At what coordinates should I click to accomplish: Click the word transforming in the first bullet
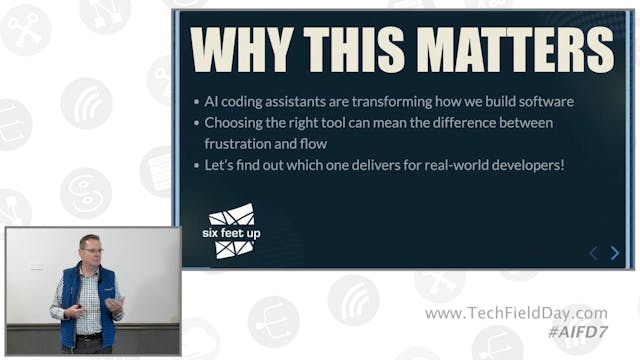coord(407,102)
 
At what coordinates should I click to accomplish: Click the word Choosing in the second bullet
coord(235,123)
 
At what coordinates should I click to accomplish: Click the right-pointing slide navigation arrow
coord(615,253)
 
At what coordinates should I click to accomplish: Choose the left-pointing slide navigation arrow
coord(593,253)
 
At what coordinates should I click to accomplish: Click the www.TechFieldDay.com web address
coord(516,313)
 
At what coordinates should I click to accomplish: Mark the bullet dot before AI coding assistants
coord(195,103)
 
